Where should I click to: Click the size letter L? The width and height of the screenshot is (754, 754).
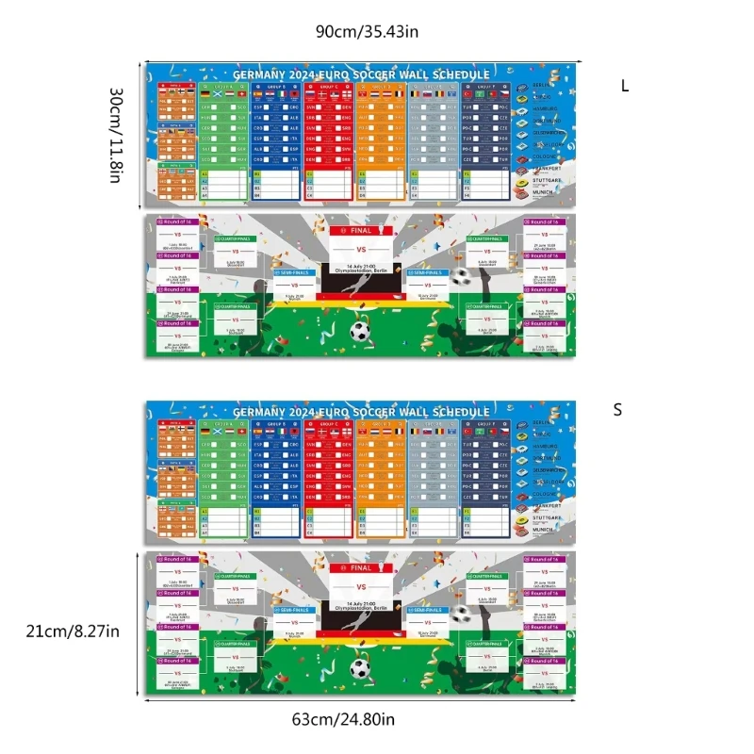coord(624,86)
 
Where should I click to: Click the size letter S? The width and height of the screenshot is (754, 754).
coord(618,410)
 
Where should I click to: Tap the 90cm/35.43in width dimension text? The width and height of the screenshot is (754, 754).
coord(367,32)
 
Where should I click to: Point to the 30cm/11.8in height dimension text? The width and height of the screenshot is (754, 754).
coord(115,136)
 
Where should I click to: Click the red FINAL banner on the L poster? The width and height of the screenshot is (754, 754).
coord(361,230)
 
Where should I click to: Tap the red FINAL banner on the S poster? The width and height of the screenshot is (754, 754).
coord(361,568)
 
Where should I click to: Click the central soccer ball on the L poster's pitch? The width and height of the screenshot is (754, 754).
coord(359,332)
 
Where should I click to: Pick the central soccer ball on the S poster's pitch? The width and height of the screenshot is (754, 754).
coord(359,669)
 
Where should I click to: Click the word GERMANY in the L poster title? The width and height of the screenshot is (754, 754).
coord(258,74)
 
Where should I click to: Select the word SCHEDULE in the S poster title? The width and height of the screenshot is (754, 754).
coord(460,412)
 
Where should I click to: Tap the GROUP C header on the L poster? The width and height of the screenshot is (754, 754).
coord(329,86)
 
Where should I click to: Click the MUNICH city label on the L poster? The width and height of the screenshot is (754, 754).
coord(542,191)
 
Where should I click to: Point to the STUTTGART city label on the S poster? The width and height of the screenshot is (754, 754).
coord(546,517)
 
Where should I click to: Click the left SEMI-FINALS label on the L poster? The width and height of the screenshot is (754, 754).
coord(293,271)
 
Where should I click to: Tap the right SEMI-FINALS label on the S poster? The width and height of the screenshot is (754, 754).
coord(426,610)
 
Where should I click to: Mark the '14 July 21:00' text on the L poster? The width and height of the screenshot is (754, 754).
coord(360,267)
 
